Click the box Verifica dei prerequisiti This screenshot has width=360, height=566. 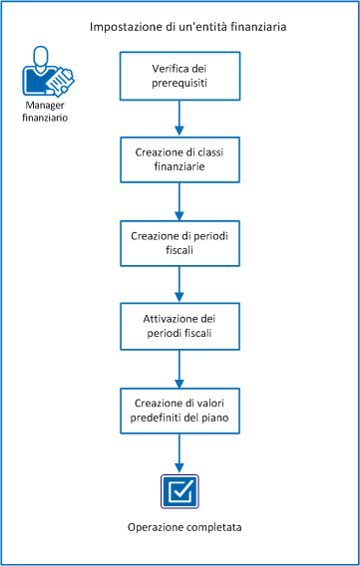pyautogui.click(x=180, y=74)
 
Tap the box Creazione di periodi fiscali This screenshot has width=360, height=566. pyautogui.click(x=180, y=245)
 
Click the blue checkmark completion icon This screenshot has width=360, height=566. pyautogui.click(x=180, y=490)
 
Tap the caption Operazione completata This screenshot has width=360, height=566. pyautogui.click(x=180, y=526)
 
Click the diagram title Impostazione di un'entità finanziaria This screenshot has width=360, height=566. pyautogui.click(x=187, y=28)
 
